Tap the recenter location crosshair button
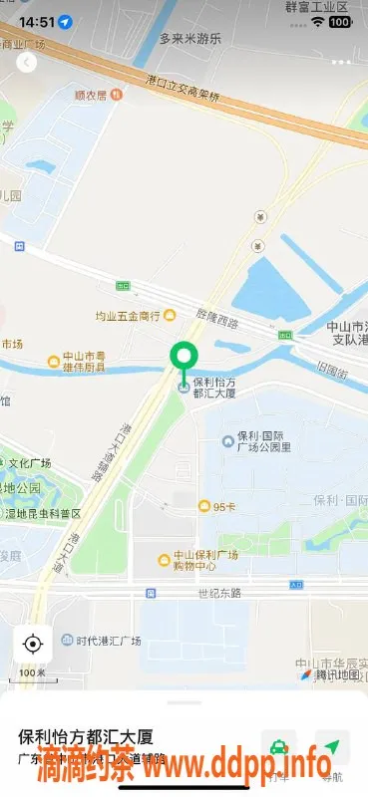point(32,644)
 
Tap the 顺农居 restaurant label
point(98,96)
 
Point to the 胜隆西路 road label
point(219,322)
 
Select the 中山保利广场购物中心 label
point(199,560)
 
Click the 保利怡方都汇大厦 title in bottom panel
point(86,738)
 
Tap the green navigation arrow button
point(331,750)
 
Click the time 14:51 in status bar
point(37,21)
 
